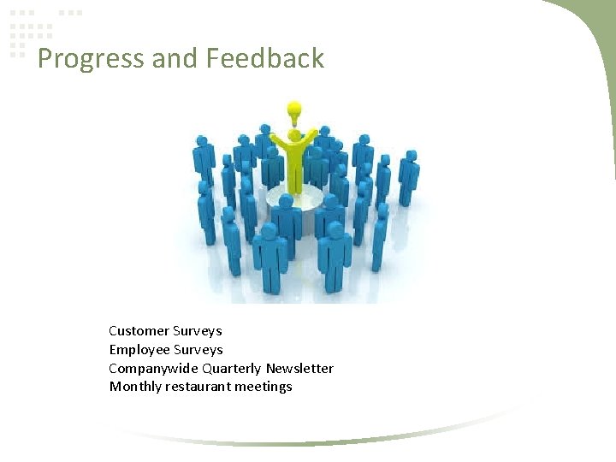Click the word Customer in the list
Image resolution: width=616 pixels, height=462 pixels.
[x=139, y=331]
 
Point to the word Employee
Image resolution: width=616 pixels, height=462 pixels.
[x=139, y=350]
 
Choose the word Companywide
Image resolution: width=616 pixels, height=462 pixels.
[x=153, y=369]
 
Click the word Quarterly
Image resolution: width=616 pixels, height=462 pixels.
[x=232, y=369]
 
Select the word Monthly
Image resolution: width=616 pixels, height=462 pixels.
[x=135, y=387]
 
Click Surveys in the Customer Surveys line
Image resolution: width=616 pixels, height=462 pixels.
[x=198, y=331]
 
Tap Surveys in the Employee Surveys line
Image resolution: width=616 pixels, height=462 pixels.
[x=198, y=350]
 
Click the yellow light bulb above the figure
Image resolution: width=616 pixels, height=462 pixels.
[x=294, y=111]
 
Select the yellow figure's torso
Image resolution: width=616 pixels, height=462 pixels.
[x=295, y=163]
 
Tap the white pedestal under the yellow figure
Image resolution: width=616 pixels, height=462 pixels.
[x=294, y=199]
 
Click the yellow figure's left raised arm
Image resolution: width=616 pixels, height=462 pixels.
[x=278, y=139]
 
